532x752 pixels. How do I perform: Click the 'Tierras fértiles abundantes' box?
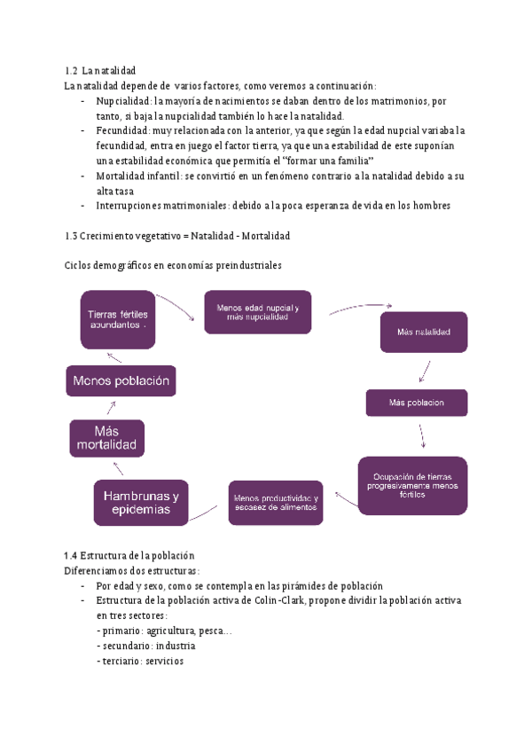pos(118,319)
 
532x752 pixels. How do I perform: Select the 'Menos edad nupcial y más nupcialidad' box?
pos(258,312)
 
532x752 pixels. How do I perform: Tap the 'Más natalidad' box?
pos(424,332)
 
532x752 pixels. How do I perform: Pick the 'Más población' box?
pos(417,403)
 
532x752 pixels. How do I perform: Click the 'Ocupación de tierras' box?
pos(412,485)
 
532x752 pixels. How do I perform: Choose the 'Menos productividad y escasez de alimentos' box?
pos(276,503)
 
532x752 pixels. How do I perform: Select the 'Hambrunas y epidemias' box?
pos(141,503)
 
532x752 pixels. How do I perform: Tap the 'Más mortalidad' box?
pos(106,438)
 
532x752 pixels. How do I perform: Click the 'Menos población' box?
pos(121,380)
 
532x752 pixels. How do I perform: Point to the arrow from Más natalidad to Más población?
pos(425,372)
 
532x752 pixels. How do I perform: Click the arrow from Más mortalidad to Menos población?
pos(112,408)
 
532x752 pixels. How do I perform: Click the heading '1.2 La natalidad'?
pos(100,71)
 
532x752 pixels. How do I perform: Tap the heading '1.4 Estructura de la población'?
pos(129,555)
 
